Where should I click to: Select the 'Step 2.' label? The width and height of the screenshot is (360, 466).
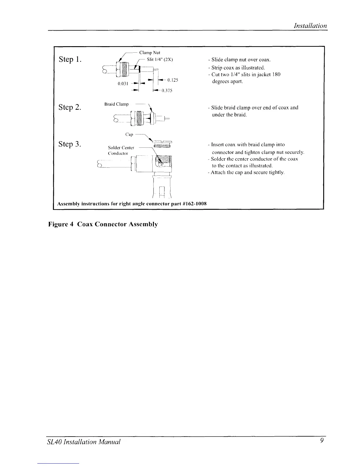(70, 107)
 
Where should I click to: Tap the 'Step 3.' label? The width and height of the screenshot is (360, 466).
(70, 144)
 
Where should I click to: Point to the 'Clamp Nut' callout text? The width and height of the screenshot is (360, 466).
(149, 53)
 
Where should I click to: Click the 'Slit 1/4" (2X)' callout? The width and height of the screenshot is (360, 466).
(160, 60)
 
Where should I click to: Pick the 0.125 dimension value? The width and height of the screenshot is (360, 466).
(173, 80)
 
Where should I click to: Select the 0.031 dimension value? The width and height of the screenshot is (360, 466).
(122, 84)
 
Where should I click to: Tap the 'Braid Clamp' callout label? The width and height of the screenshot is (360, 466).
(117, 104)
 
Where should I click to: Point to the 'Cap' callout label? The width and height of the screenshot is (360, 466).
(129, 134)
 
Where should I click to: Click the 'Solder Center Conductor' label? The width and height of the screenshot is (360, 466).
(121, 150)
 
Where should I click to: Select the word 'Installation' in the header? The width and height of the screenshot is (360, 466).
(311, 26)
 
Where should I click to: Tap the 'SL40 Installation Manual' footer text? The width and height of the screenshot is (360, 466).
(84, 442)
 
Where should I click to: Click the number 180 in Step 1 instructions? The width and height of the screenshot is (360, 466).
(276, 75)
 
